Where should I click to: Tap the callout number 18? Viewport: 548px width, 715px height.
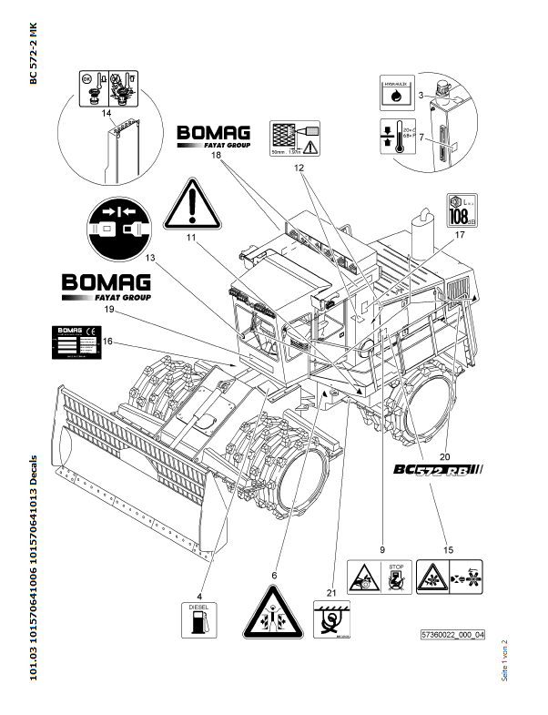tap(216, 156)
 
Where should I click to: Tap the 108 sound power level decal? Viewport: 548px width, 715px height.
tap(462, 212)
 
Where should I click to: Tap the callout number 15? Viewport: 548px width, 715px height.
tap(446, 549)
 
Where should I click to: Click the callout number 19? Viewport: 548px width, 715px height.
tap(108, 310)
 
